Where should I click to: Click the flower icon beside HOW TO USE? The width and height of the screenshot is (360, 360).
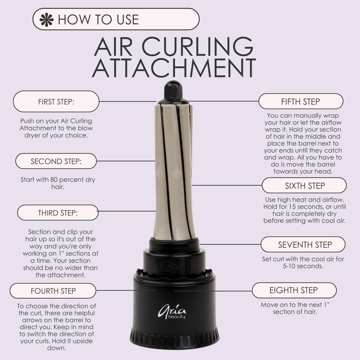46,19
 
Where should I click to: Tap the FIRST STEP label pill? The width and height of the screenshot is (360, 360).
56,102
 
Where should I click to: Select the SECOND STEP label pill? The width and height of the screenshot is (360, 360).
56,161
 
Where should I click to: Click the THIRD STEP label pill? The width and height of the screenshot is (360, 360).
58,212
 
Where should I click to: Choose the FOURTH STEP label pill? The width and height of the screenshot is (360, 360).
53,291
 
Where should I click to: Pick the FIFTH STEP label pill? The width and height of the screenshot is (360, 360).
301,101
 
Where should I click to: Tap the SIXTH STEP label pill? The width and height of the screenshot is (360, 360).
304,185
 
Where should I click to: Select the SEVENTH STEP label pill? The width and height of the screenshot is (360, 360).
303,244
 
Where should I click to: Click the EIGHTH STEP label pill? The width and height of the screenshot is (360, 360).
294,290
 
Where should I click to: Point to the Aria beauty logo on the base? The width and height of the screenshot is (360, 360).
172,312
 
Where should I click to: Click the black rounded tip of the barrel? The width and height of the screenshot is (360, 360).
173,90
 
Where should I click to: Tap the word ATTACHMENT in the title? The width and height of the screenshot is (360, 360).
174,68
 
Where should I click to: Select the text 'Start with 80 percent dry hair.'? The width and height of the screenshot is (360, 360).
58,183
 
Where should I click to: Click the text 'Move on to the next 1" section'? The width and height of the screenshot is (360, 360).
295,308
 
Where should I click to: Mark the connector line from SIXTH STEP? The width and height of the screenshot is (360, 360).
227,185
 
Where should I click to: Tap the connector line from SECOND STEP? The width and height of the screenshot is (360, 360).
126,161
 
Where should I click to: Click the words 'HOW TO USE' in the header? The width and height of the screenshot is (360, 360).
98,19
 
